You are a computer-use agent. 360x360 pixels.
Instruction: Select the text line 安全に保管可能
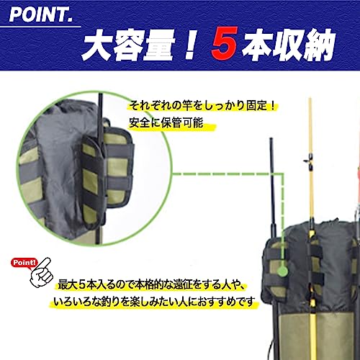(171, 124)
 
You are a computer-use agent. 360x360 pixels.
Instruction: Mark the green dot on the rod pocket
(284, 271)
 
